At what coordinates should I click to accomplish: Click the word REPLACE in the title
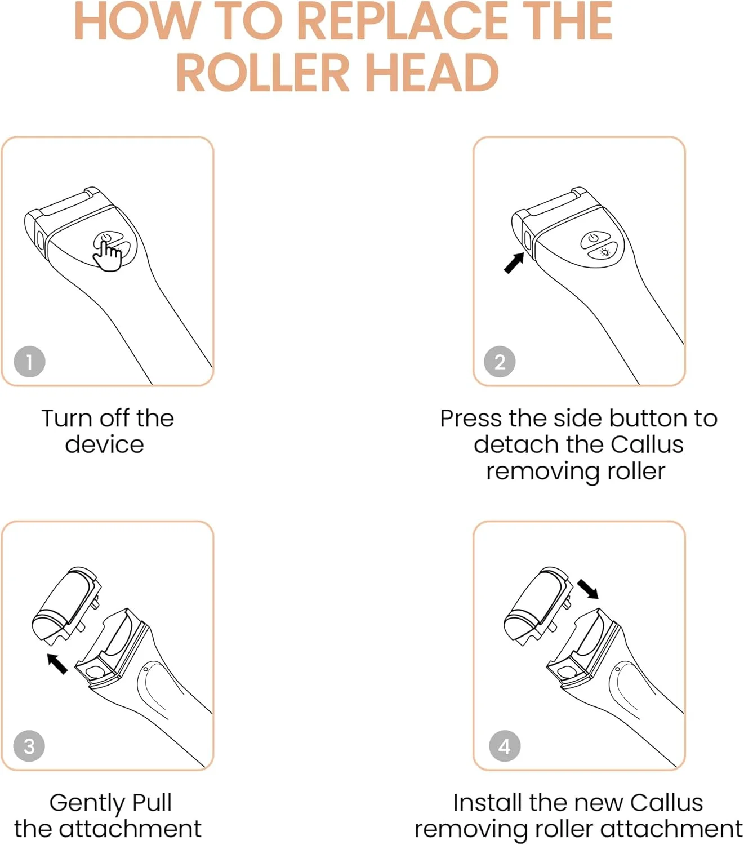[x=403, y=20]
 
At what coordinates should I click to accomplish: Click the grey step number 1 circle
[x=29, y=362]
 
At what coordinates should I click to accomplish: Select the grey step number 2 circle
[x=500, y=362]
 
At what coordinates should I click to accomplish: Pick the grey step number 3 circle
[x=29, y=746]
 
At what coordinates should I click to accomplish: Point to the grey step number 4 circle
[x=504, y=746]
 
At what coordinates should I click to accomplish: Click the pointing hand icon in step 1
[x=108, y=255]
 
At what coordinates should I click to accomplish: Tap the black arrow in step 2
[x=514, y=263]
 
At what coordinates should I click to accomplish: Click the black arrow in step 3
[x=57, y=664]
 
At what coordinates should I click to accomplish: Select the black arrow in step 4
[x=588, y=589]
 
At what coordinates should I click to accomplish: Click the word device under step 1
[x=104, y=444]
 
